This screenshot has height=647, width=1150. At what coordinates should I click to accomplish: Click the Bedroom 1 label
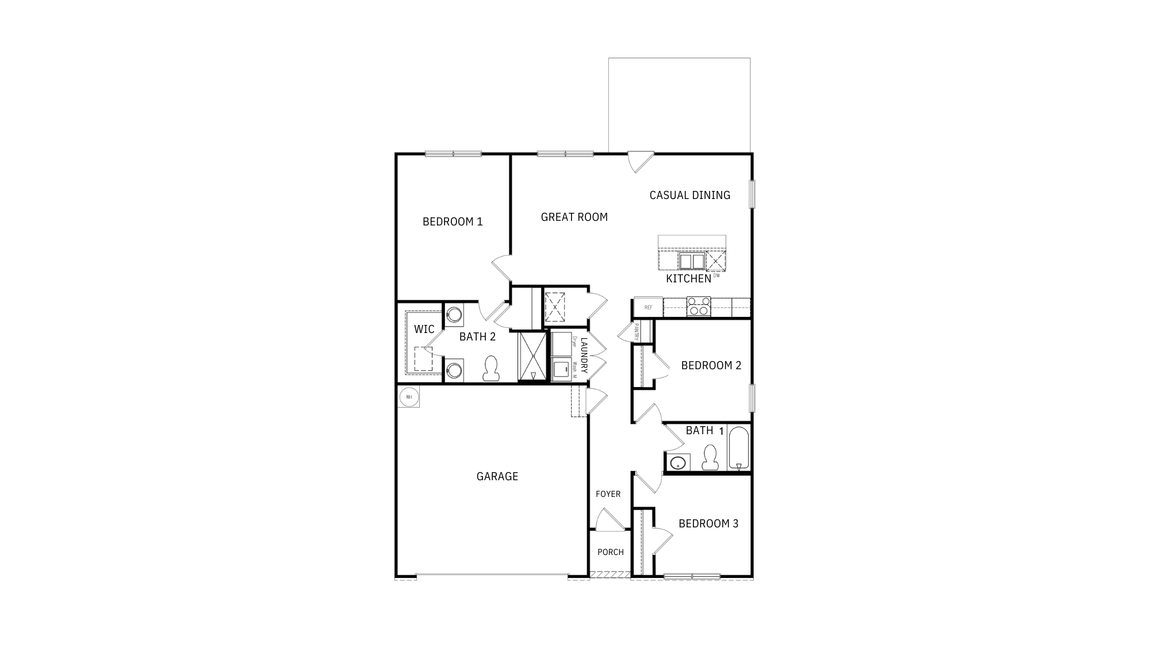453,221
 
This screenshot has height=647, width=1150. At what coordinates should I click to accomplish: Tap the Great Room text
574,217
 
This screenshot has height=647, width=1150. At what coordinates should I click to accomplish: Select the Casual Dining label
689,195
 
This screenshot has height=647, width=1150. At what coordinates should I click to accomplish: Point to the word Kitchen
688,279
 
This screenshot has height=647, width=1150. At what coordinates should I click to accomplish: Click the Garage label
497,476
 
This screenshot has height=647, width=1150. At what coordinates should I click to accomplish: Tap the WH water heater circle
409,396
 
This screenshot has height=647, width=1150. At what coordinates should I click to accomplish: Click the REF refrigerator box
648,308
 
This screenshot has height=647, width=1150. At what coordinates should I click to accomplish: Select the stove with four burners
699,306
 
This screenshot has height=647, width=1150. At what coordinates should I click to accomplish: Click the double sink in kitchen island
691,261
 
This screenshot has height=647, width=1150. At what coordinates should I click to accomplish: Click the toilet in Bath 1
710,457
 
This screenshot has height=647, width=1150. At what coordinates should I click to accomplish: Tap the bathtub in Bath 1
739,448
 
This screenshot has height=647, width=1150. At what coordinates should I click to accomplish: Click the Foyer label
608,494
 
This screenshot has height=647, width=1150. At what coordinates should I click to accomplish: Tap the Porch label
610,552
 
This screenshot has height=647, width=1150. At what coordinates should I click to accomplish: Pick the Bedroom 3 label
708,523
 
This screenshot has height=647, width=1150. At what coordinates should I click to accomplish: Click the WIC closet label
424,329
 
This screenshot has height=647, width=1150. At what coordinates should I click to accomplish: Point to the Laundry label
584,355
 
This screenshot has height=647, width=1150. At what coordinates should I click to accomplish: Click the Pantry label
637,331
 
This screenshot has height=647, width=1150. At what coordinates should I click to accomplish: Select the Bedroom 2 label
711,365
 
